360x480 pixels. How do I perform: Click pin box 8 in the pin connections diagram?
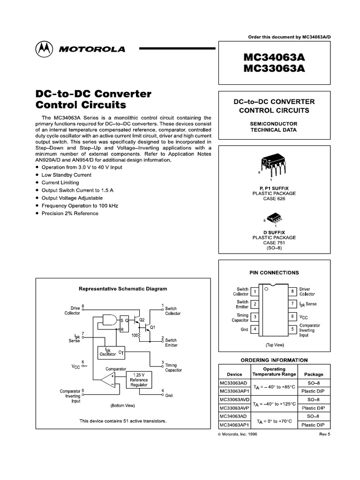tap(292, 291)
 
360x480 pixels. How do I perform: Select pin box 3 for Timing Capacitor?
tap(255, 317)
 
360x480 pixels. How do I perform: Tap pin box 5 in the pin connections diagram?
tap(292, 329)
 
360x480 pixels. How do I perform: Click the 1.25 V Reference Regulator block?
tap(139, 380)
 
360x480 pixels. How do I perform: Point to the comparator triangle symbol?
tap(108, 380)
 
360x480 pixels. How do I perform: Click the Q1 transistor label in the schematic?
tap(151, 327)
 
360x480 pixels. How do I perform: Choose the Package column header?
tap(314, 375)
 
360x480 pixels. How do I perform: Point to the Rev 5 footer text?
tap(325, 435)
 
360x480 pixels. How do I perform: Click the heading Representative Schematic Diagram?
tap(122, 289)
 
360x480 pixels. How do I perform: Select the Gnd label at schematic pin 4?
tap(169, 396)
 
